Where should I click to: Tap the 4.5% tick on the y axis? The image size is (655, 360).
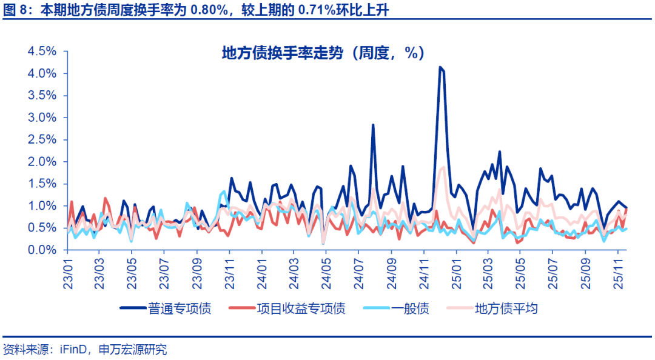(x=41, y=52)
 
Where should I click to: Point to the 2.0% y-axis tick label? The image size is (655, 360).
(x=41, y=162)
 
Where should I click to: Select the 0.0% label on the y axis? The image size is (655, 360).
(x=41, y=250)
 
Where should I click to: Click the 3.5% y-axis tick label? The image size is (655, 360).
(x=41, y=96)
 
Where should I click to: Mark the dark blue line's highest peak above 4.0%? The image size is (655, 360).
(x=440, y=67)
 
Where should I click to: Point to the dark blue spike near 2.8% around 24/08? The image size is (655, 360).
(x=373, y=125)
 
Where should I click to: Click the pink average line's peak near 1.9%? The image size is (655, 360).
(x=443, y=167)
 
